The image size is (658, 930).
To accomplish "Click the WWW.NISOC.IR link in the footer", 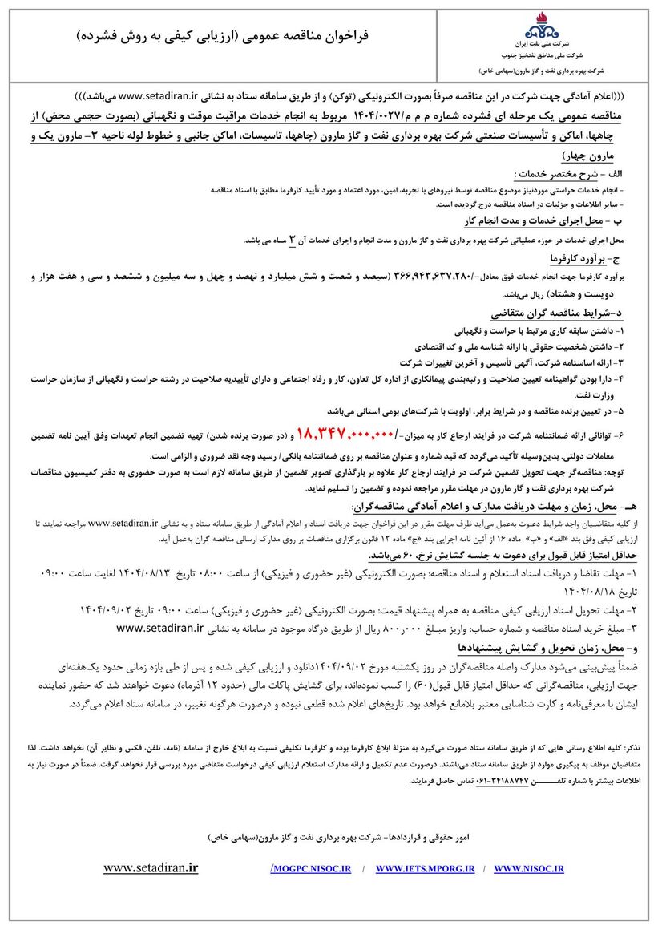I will tap(529, 868).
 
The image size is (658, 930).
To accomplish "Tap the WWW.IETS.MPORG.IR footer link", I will tap(425, 868).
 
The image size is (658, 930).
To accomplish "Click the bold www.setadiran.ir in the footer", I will tap(151, 867).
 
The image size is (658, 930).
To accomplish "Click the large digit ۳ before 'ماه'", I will tap(293, 239).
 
